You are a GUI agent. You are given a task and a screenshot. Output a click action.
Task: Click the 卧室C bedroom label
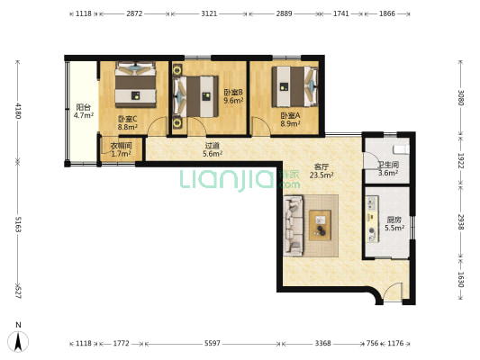pos(128,122)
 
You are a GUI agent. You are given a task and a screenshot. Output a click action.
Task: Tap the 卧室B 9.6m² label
pos(233,96)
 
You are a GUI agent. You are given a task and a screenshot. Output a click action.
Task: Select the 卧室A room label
pos(291,120)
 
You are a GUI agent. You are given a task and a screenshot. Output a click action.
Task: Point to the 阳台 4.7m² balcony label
pos(83,111)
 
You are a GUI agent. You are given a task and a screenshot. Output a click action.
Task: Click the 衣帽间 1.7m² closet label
pos(122,149)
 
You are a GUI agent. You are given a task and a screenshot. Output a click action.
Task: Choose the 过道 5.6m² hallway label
pos(213,149)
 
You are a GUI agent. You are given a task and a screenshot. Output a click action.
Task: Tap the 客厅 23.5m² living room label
pos(322,171)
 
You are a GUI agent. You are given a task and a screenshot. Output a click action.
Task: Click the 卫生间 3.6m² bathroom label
pos(388,169)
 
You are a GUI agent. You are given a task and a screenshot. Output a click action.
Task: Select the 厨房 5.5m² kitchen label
pos(394,223)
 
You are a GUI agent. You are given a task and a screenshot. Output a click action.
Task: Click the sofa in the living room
pos(294,226)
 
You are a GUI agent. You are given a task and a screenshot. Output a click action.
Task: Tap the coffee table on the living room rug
pos(320,225)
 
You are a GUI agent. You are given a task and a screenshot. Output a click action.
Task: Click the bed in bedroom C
pos(136,85)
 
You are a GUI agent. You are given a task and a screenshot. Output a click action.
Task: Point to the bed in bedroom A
pos(295,86)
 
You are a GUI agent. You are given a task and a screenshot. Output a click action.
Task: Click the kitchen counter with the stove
pos(373,220)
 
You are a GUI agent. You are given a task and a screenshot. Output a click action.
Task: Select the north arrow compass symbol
pos(18,341)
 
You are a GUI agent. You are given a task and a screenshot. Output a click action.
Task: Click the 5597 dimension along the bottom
pos(213,344)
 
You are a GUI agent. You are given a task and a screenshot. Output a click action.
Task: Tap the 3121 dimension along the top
pos(209,13)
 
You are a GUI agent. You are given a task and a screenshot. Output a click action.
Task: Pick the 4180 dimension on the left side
pos(18,111)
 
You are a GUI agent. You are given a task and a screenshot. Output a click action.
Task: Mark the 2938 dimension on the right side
pos(461,221)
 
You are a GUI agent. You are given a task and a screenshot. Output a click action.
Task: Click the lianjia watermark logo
pos(240,180)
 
